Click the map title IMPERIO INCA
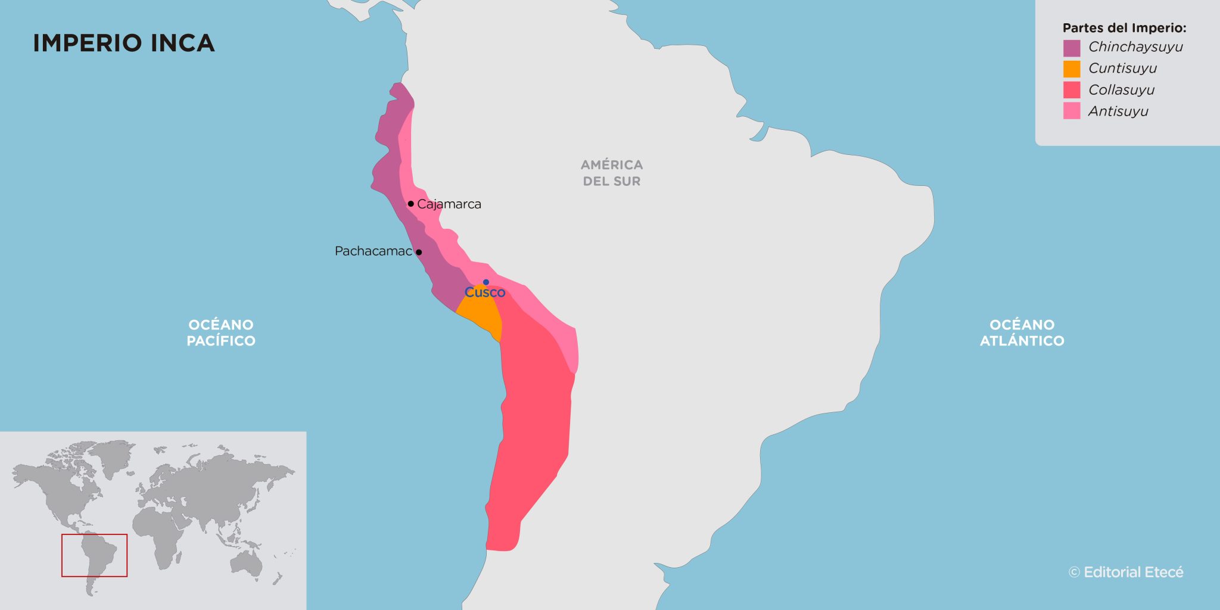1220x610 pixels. (123, 43)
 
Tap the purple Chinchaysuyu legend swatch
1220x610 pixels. (1071, 48)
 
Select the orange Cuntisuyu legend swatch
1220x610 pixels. (1071, 69)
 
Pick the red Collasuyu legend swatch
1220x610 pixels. (1071, 90)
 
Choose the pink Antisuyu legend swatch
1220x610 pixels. (1071, 111)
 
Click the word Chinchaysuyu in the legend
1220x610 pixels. (1135, 47)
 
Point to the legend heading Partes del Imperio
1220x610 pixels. (1124, 28)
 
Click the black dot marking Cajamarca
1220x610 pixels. (410, 204)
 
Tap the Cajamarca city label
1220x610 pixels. (449, 204)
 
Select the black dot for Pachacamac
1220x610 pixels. (419, 252)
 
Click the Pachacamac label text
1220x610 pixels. (373, 251)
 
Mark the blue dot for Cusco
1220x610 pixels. (486, 282)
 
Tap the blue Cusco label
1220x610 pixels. (485, 292)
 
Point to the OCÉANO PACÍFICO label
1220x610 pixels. (221, 332)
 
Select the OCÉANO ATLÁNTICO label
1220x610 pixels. (1022, 332)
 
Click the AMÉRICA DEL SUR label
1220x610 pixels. (612, 173)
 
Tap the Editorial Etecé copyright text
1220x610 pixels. (1126, 572)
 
